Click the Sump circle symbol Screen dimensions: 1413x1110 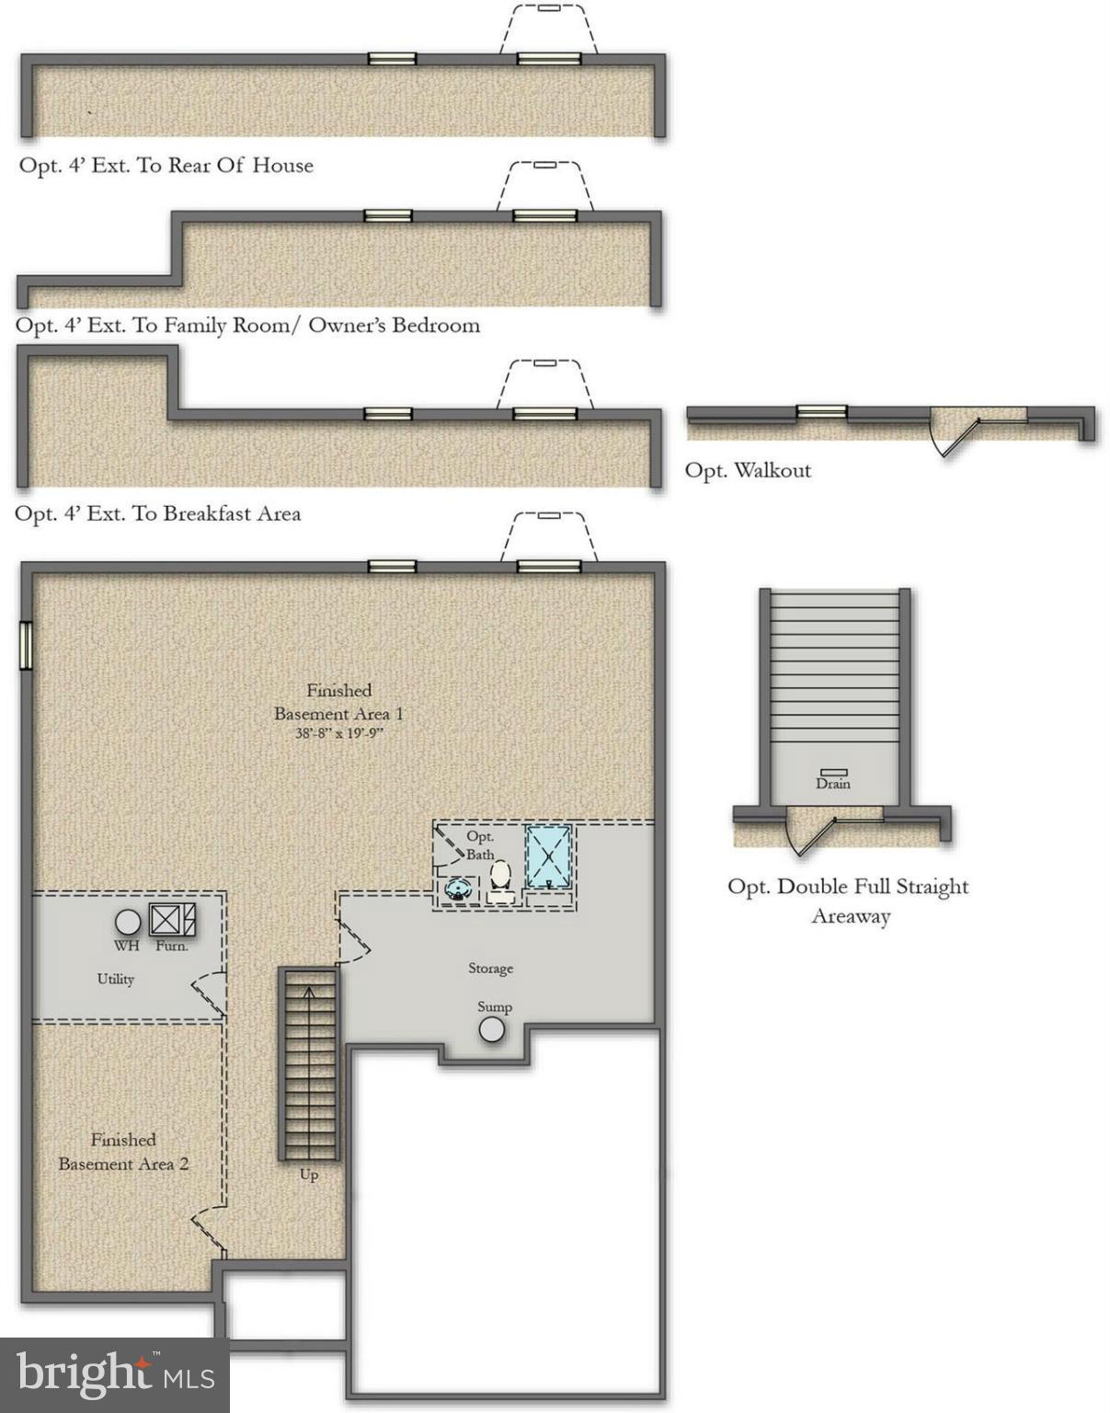click(492, 1029)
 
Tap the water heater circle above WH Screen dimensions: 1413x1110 click(128, 921)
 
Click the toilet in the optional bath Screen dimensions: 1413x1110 click(501, 878)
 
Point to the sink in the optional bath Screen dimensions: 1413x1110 click(459, 890)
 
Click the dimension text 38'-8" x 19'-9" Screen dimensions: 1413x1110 click(338, 734)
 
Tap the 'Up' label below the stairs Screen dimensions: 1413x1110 click(309, 1175)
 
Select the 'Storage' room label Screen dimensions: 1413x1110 click(490, 968)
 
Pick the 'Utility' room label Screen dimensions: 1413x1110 click(116, 979)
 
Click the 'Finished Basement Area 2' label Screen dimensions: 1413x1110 click(123, 1152)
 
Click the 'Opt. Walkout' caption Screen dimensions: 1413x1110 click(748, 470)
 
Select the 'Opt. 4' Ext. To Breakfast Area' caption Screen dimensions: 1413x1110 click(158, 513)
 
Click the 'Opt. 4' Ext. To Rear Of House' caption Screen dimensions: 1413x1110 click(166, 166)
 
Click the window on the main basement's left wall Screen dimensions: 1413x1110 click(27, 645)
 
